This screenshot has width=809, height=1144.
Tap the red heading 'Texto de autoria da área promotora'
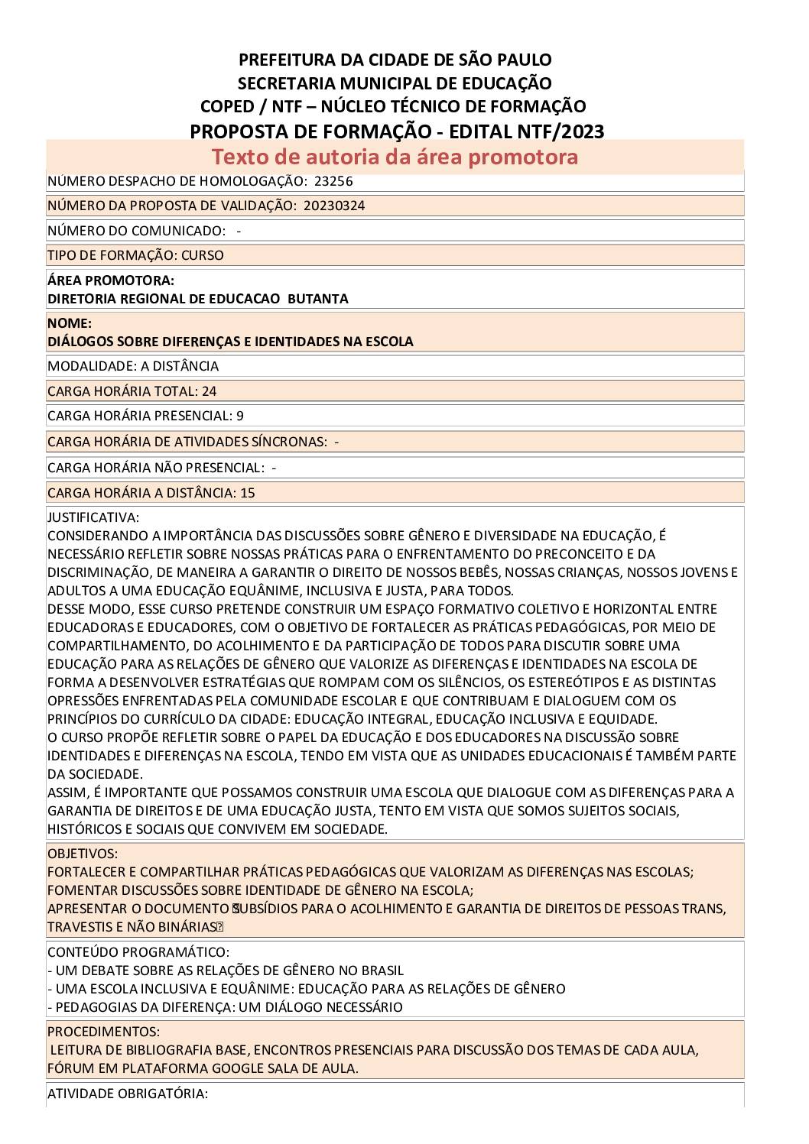click(395, 157)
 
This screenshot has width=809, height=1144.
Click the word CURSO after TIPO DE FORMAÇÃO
click(203, 255)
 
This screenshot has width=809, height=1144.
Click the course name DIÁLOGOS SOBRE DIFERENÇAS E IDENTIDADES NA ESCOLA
click(230, 342)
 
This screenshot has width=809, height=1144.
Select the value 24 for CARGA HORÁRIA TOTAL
click(209, 391)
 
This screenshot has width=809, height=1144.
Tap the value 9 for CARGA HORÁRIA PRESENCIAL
click(240, 416)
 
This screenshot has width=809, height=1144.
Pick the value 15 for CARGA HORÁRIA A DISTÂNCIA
click(247, 493)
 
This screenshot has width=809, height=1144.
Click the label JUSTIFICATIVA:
click(93, 517)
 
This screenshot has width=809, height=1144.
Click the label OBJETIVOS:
click(83, 853)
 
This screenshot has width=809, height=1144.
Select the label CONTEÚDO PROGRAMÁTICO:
click(138, 952)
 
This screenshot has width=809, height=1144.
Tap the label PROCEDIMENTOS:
click(103, 1032)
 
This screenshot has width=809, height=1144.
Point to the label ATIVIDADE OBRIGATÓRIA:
click(127, 1094)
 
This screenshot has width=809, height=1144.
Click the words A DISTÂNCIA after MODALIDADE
click(180, 366)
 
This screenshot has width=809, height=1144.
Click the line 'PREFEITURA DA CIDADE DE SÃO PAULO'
click(395, 60)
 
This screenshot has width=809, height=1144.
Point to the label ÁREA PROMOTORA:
click(110, 280)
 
